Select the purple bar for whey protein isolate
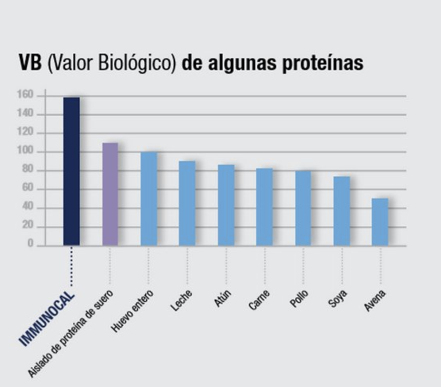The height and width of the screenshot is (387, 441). pos(110,194)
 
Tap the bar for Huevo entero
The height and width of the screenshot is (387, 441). pos(149,198)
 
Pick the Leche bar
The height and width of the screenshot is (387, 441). pos(187,203)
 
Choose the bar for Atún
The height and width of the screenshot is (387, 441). pos(226,205)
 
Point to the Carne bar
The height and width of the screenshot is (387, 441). pos(264,207)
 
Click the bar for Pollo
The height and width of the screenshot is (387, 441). pos(303,208)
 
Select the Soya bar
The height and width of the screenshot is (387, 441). pos(342,211)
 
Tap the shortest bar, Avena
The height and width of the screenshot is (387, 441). pos(380,222)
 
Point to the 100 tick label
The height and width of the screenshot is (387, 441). pos(25,152)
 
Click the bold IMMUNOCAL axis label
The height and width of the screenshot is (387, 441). pos(47,319)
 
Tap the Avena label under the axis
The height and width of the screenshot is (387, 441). pos(375,301)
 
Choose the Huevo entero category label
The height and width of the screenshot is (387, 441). pos(132,311)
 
